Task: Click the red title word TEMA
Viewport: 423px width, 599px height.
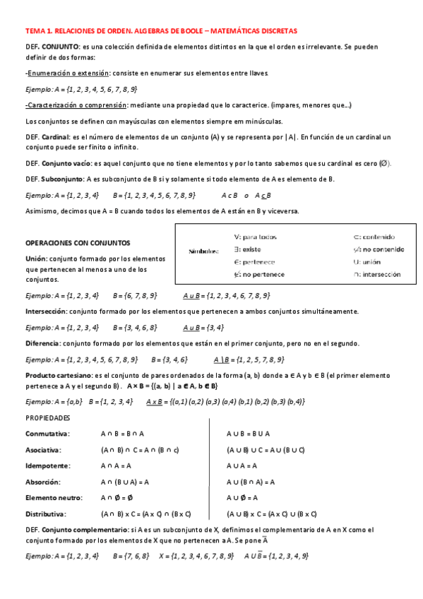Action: click(34, 32)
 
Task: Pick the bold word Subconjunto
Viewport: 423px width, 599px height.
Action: click(62, 179)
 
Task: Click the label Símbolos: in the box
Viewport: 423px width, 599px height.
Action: click(203, 251)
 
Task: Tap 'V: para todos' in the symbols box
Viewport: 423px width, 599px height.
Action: click(255, 237)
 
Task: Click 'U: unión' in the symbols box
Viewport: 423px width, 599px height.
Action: click(367, 262)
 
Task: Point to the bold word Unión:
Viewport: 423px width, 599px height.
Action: click(38, 259)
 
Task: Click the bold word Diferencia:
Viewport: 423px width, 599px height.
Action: click(42, 343)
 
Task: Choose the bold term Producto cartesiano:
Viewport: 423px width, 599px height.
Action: click(59, 375)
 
